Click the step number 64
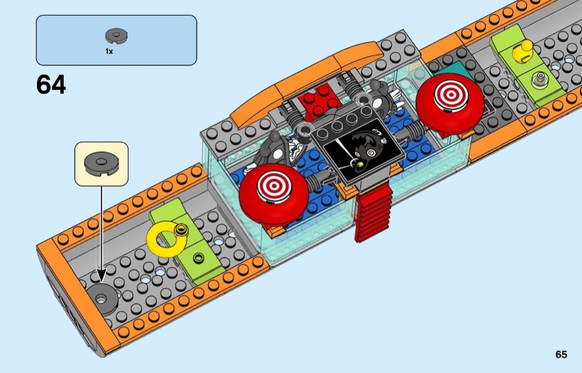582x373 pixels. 51,85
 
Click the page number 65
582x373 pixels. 561,355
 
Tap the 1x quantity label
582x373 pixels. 109,51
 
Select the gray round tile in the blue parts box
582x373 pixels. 116,35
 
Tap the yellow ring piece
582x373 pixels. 164,240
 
